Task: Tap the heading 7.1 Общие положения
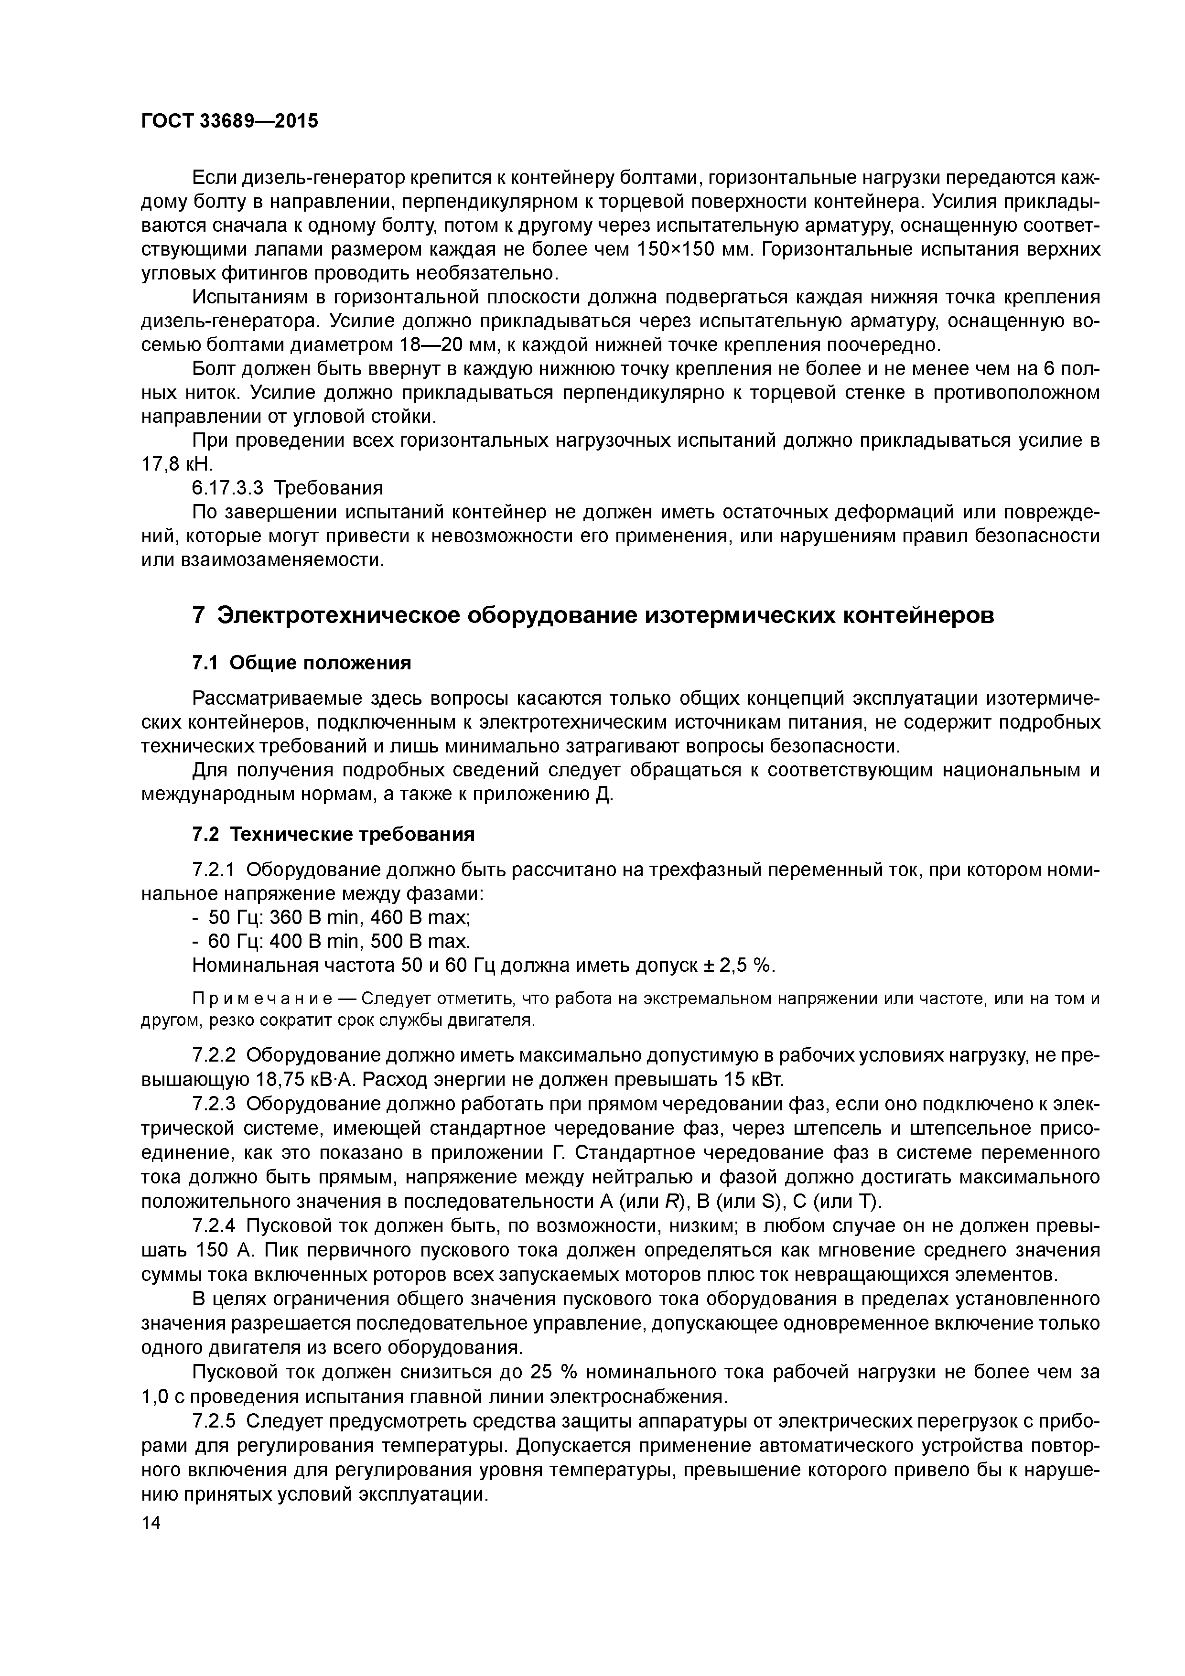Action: click(302, 663)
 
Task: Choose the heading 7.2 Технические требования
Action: click(333, 834)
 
